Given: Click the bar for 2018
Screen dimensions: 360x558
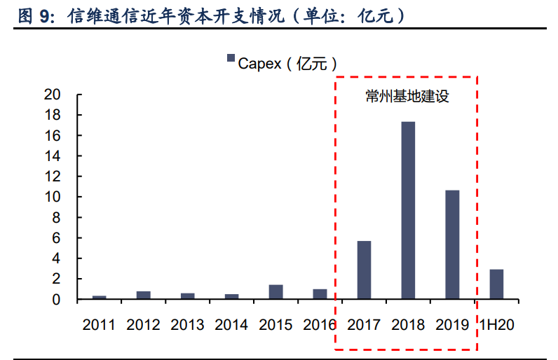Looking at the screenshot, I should (407, 210).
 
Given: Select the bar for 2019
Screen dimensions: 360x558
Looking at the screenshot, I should (452, 244).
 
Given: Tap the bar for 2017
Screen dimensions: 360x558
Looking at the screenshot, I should (364, 270).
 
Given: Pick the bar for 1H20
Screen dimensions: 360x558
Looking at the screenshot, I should (496, 284).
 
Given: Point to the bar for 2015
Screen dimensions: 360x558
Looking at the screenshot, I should (275, 292).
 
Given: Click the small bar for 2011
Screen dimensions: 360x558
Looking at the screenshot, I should (100, 297).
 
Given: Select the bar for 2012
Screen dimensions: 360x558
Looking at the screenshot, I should (144, 295).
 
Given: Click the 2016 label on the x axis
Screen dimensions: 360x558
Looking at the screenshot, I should (320, 324).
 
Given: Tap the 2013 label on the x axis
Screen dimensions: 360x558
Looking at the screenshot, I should (187, 324).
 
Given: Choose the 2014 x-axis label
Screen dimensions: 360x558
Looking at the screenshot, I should (231, 324).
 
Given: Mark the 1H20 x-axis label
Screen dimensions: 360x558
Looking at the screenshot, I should (496, 324).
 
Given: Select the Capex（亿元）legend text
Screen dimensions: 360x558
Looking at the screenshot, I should (283, 63).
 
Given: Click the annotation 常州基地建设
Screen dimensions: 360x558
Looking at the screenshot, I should (407, 97).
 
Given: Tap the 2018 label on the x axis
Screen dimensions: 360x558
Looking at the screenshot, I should (408, 324).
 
